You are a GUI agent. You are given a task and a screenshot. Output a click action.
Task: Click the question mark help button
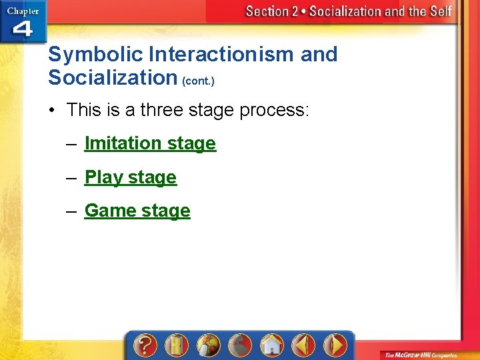[145, 345]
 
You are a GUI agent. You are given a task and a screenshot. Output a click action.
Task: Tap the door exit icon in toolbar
[177, 345]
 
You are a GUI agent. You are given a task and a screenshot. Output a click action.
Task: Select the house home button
[271, 345]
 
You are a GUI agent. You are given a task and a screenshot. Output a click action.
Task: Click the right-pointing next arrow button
[335, 345]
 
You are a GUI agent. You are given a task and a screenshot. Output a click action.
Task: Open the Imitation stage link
[150, 143]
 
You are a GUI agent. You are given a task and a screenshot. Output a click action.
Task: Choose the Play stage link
[131, 177]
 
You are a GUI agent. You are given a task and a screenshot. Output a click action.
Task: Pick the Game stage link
[137, 211]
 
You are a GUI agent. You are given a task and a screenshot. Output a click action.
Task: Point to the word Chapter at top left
[23, 11]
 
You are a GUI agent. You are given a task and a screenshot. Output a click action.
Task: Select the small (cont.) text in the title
[198, 81]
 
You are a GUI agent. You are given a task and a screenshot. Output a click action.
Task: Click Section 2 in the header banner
[272, 11]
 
